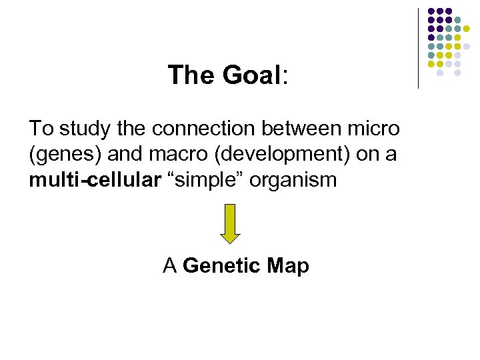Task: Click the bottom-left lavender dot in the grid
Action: [x=439, y=73]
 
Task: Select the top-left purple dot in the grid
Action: [x=431, y=12]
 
